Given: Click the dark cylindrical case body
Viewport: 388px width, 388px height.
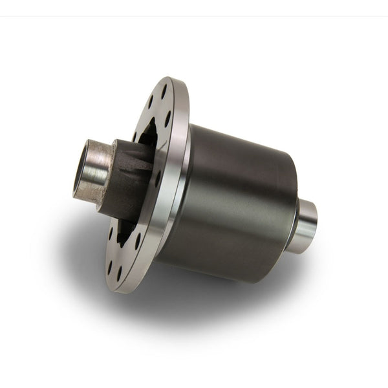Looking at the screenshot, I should click(233, 194).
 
